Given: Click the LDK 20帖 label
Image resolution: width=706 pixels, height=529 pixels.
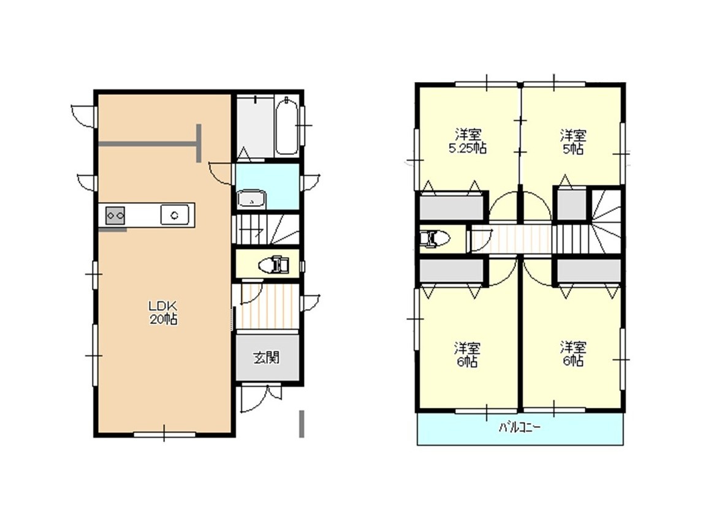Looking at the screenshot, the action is click(x=163, y=313).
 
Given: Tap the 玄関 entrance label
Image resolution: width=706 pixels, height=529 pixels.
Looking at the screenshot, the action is click(x=267, y=358).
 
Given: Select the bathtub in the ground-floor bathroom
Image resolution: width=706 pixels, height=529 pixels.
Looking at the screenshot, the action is click(x=286, y=126).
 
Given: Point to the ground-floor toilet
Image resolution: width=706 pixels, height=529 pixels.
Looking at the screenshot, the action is click(x=273, y=264).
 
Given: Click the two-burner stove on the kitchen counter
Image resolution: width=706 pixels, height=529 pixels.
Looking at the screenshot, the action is click(x=115, y=216).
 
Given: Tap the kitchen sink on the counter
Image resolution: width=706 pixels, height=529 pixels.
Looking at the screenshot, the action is click(x=175, y=214).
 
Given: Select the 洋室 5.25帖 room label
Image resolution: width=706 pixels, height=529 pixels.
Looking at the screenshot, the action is click(x=468, y=141).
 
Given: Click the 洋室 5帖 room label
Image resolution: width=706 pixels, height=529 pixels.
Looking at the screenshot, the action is click(x=573, y=141).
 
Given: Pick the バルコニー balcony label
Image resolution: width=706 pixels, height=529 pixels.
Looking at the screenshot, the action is click(x=520, y=427).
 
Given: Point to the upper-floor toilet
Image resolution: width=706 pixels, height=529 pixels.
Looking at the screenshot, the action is click(x=434, y=239).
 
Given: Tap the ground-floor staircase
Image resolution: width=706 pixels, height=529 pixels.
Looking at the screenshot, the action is click(x=265, y=230).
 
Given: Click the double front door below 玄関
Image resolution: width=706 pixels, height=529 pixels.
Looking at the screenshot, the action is click(x=260, y=397).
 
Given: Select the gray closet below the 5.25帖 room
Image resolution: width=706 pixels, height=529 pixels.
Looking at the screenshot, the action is click(x=452, y=206).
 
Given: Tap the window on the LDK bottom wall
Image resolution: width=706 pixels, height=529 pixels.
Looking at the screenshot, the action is click(x=164, y=434).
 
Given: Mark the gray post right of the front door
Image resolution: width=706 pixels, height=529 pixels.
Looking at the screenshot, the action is click(x=302, y=423).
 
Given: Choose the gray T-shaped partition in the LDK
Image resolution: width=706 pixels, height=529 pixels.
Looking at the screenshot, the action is click(x=150, y=143).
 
